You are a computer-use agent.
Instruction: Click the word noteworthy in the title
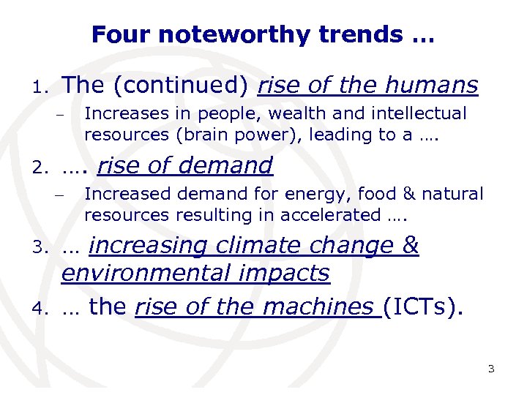pos(222,34)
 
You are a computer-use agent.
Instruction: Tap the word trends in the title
pos(350,34)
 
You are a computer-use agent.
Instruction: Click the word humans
pos(433,86)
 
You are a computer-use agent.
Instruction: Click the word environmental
pos(143,273)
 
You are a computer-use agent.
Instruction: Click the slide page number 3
pos(491,368)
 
